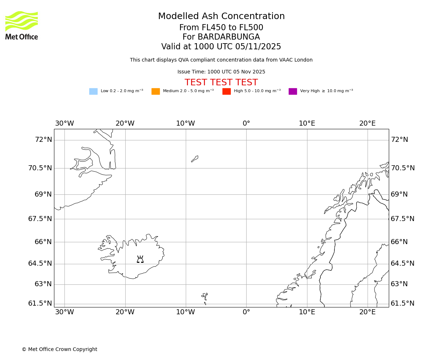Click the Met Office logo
coord(22,25)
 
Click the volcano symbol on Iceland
coord(140,259)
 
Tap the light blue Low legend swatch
coord(93,91)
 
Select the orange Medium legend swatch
coord(156,91)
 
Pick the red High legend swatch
coord(226,91)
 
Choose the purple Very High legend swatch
coord(293,91)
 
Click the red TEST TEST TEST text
coord(221,83)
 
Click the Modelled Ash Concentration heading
coord(221,17)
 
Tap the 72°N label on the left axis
coord(43,140)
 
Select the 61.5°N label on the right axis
coord(402,303)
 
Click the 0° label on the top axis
coord(246,123)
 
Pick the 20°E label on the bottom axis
coord(367,312)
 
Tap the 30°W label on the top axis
coord(64,123)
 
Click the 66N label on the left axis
coord(43,242)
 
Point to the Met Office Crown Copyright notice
coord(59,350)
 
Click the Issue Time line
coord(221,72)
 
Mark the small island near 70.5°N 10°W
coord(195,159)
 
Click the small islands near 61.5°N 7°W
coord(204,297)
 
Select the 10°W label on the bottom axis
coord(185,312)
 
